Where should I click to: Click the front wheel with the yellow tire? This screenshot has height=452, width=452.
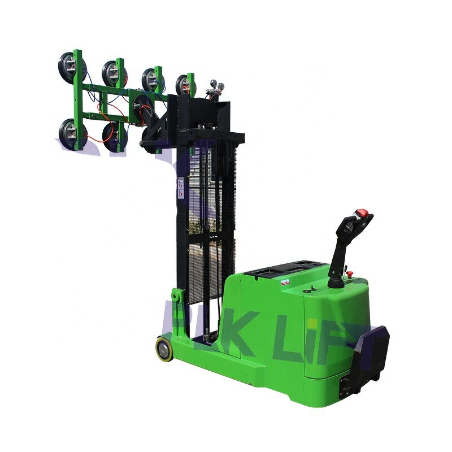pyautogui.click(x=165, y=349)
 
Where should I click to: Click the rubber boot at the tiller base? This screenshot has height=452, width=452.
pyautogui.click(x=337, y=279)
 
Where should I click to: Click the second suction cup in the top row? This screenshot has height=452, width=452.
pyautogui.click(x=112, y=72)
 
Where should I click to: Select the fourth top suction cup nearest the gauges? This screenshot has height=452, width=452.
pyautogui.click(x=184, y=85)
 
